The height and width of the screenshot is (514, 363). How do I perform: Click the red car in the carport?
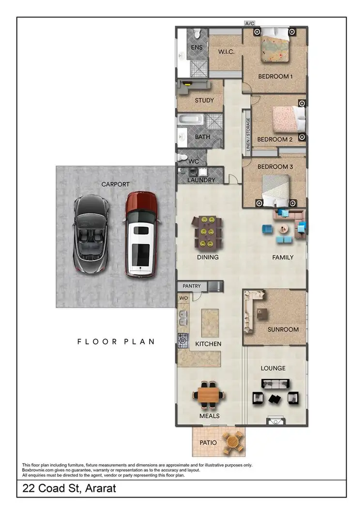[141, 235]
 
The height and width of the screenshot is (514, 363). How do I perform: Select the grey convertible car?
[91, 235]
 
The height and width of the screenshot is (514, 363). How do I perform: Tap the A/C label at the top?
[250, 23]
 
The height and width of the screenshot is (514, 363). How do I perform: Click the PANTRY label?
[192, 286]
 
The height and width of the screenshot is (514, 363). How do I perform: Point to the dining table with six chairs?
[209, 232]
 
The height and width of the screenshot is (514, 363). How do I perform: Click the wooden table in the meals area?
[210, 395]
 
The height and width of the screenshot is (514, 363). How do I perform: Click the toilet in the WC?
[182, 157]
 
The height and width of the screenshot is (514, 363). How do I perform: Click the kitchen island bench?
[210, 323]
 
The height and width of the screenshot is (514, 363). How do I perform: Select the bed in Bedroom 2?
[288, 119]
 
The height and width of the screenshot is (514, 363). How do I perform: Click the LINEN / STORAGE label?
[248, 135]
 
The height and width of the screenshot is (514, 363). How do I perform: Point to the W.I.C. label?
[226, 52]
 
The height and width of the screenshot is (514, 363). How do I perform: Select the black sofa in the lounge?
[275, 384]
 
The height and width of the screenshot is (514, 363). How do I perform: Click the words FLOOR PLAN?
[116, 341]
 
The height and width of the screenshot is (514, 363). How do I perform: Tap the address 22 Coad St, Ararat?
[69, 488]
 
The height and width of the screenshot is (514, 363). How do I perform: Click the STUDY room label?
[204, 101]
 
